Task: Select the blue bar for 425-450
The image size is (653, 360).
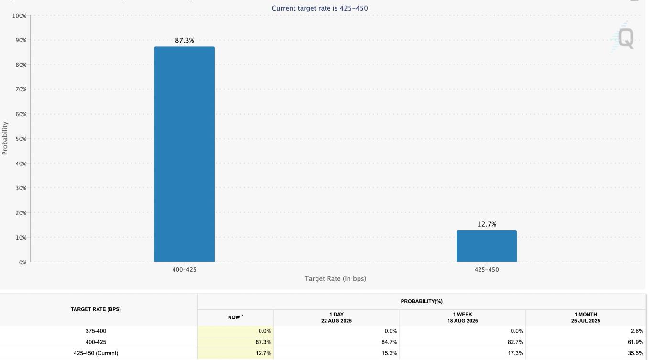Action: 487,246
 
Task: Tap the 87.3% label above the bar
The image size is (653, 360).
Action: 185,41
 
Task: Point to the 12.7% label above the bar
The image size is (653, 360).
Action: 487,224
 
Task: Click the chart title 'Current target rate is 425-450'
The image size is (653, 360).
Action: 320,8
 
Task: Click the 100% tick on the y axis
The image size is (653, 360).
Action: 20,16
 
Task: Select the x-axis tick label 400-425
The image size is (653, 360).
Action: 184,270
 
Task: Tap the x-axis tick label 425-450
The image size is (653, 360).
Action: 487,270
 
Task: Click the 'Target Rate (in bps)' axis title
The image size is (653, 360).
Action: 336,279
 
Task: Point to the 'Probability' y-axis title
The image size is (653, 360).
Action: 5,138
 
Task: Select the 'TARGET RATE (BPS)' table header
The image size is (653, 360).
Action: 96,309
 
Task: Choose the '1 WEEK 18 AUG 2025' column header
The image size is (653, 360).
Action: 462,317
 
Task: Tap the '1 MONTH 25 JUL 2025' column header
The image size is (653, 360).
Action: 585,317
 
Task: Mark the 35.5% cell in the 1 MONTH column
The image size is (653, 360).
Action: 636,353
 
